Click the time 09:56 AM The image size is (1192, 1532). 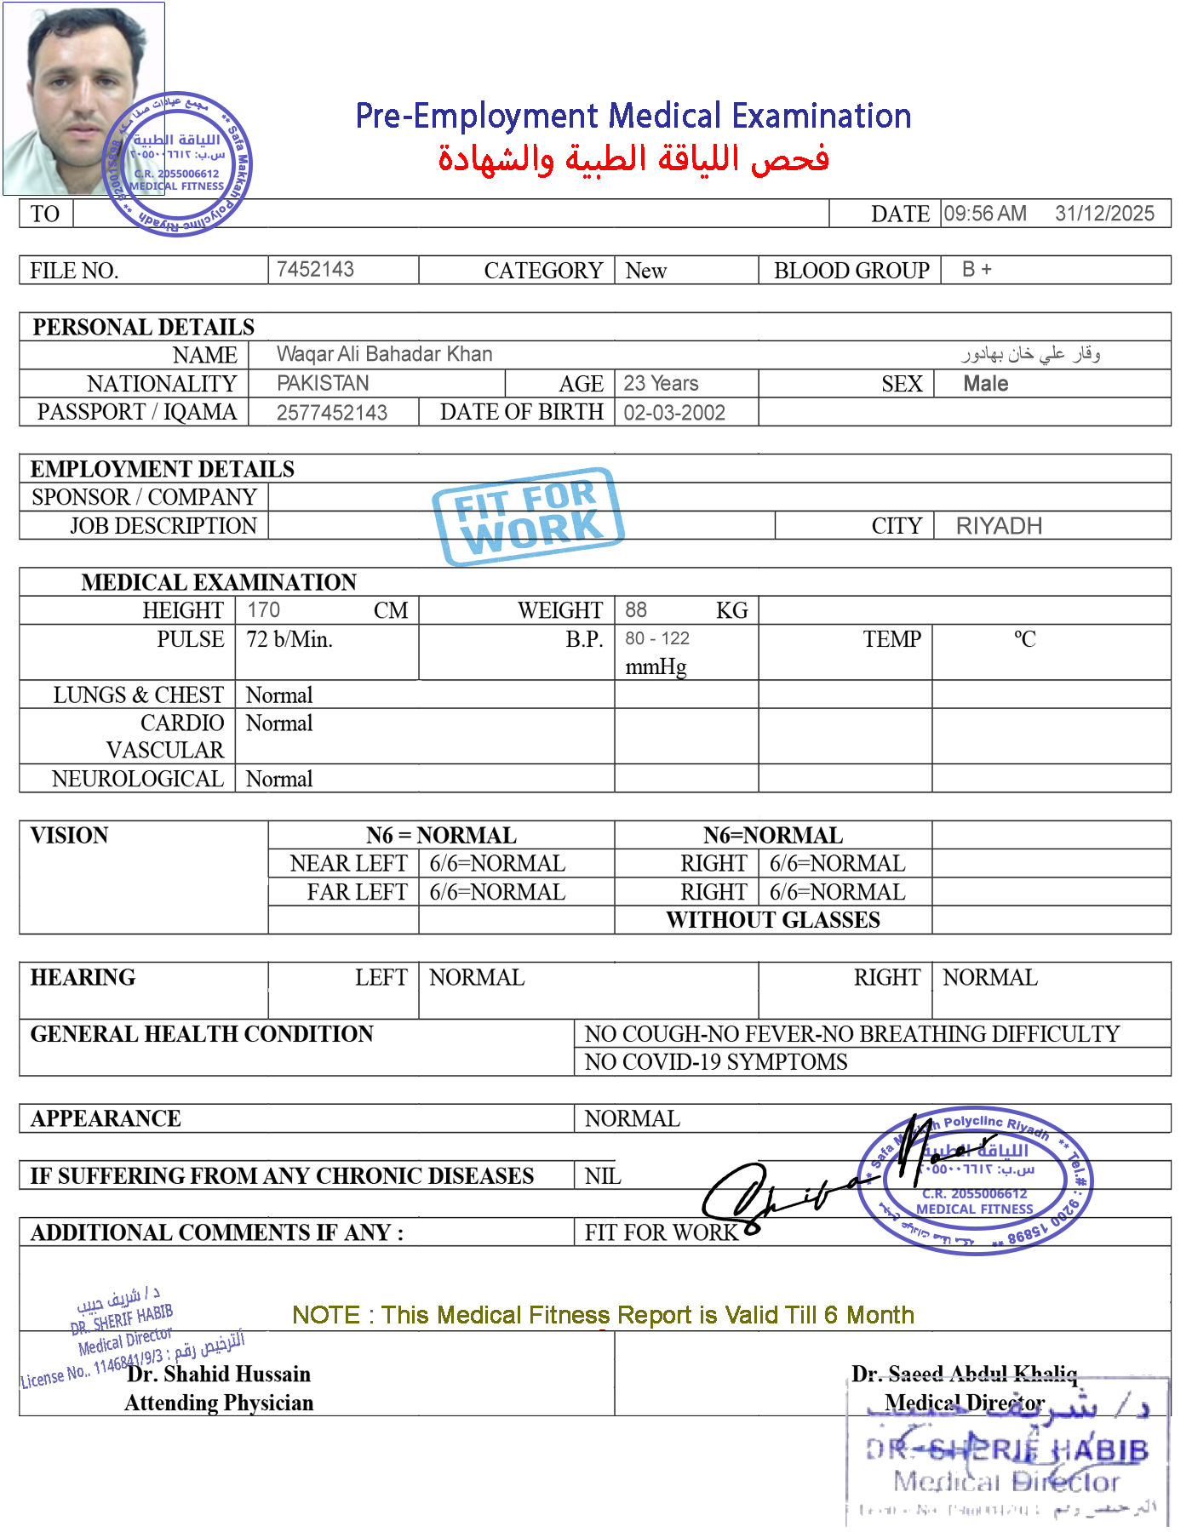tap(984, 214)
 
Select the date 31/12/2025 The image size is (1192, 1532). tap(1104, 214)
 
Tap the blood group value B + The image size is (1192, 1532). tap(977, 269)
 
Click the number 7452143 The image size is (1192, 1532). tap(315, 269)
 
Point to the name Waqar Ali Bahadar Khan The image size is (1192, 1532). tap(384, 354)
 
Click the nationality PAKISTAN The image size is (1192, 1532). tap(323, 383)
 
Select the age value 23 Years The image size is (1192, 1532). tap(661, 383)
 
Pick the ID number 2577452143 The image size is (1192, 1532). tap(332, 413)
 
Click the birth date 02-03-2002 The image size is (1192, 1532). tap(674, 413)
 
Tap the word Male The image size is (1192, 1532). tap(985, 384)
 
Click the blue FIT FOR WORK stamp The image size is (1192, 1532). tap(529, 516)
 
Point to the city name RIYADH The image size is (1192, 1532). tap(999, 526)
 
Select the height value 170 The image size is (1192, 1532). tap(263, 610)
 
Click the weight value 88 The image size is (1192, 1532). tap(635, 610)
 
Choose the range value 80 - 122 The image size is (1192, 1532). tap(657, 639)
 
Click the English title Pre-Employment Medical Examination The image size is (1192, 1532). tap(633, 116)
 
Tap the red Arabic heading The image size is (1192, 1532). tap(633, 159)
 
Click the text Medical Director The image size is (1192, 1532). tap(965, 1402)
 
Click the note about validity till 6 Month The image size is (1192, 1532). tap(603, 1316)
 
